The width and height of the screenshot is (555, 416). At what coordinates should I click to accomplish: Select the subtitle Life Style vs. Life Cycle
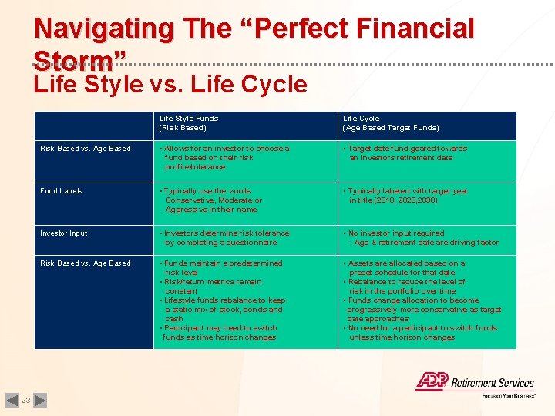170,83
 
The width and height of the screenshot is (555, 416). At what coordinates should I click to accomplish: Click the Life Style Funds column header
188,123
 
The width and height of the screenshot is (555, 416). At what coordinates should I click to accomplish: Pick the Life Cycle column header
391,123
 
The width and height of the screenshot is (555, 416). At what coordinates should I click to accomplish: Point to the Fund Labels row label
61,191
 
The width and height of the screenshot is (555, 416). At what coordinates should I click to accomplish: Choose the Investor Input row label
64,233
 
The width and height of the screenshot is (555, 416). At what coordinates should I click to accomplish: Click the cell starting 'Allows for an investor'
224,157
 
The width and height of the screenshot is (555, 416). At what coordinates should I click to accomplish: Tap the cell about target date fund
406,153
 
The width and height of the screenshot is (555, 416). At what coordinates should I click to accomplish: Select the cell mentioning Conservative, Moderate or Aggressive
213,200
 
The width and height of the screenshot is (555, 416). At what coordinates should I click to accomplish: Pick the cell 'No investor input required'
396,233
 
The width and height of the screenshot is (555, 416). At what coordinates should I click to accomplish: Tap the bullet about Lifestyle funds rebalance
223,310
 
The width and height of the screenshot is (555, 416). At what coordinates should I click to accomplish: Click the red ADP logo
432,381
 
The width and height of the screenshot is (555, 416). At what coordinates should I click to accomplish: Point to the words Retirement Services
493,383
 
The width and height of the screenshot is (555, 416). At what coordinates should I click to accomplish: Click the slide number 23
25,400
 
